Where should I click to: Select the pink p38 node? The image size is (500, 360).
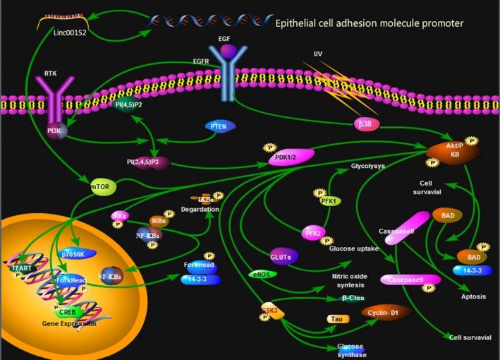coord(365,124)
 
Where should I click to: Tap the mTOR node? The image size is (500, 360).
coord(103,188)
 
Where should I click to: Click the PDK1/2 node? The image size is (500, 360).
coord(285,160)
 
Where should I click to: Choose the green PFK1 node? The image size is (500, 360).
coord(330,201)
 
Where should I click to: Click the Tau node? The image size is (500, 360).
coord(338,319)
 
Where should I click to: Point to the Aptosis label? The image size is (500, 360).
coord(471,297)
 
